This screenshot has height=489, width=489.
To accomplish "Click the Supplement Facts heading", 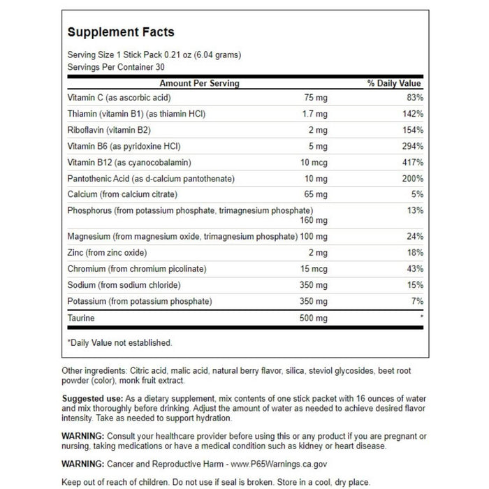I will click(121, 32).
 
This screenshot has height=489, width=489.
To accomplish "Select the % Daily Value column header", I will click(395, 83).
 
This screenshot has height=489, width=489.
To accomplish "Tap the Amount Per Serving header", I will click(199, 83).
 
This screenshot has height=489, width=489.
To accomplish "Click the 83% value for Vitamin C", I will click(414, 98).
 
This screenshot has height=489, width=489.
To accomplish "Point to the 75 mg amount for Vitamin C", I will click(315, 98).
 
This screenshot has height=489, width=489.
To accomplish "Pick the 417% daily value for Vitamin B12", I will click(412, 162).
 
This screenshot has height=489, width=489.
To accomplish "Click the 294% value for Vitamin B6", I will click(412, 146).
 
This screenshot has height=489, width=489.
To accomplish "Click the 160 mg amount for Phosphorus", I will click(313, 220).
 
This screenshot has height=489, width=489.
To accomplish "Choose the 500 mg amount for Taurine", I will click(313, 318).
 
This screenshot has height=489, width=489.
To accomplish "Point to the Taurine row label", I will click(81, 318).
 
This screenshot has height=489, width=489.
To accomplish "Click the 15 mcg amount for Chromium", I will click(313, 269).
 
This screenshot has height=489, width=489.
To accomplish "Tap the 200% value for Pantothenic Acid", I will click(412, 179).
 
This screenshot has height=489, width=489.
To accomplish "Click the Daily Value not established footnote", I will click(119, 343).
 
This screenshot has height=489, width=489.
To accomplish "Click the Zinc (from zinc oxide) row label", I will click(107, 252).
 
